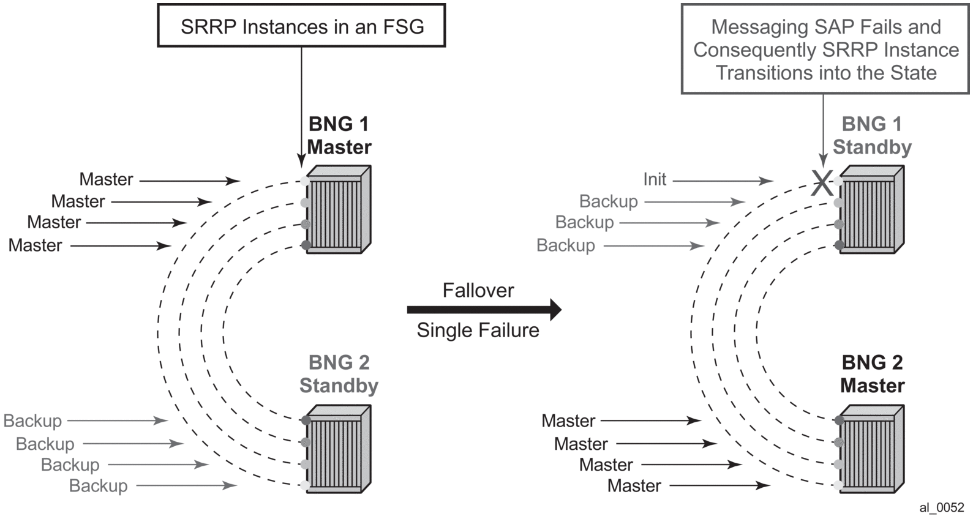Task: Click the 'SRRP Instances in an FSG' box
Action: pos(301,26)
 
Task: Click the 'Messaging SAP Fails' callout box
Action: pos(825,50)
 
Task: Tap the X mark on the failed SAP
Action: pos(822,182)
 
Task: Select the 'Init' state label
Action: pos(655,179)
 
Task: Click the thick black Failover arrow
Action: pos(484,310)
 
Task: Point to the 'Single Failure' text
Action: pos(478,330)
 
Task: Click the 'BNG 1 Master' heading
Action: pos(339,136)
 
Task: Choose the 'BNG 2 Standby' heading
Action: pos(339,374)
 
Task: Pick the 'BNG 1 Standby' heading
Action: pos(872,136)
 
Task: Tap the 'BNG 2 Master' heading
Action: pos(872,374)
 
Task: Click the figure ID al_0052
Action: pos(941,507)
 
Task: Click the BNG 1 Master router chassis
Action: pos(339,209)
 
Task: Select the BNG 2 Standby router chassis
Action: pos(339,449)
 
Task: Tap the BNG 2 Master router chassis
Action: pos(871,449)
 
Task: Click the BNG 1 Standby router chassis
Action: pos(871,209)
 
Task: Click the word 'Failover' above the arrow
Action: pos(478,290)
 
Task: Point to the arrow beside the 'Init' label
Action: pos(723,181)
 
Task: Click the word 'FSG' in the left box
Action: pos(402,27)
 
